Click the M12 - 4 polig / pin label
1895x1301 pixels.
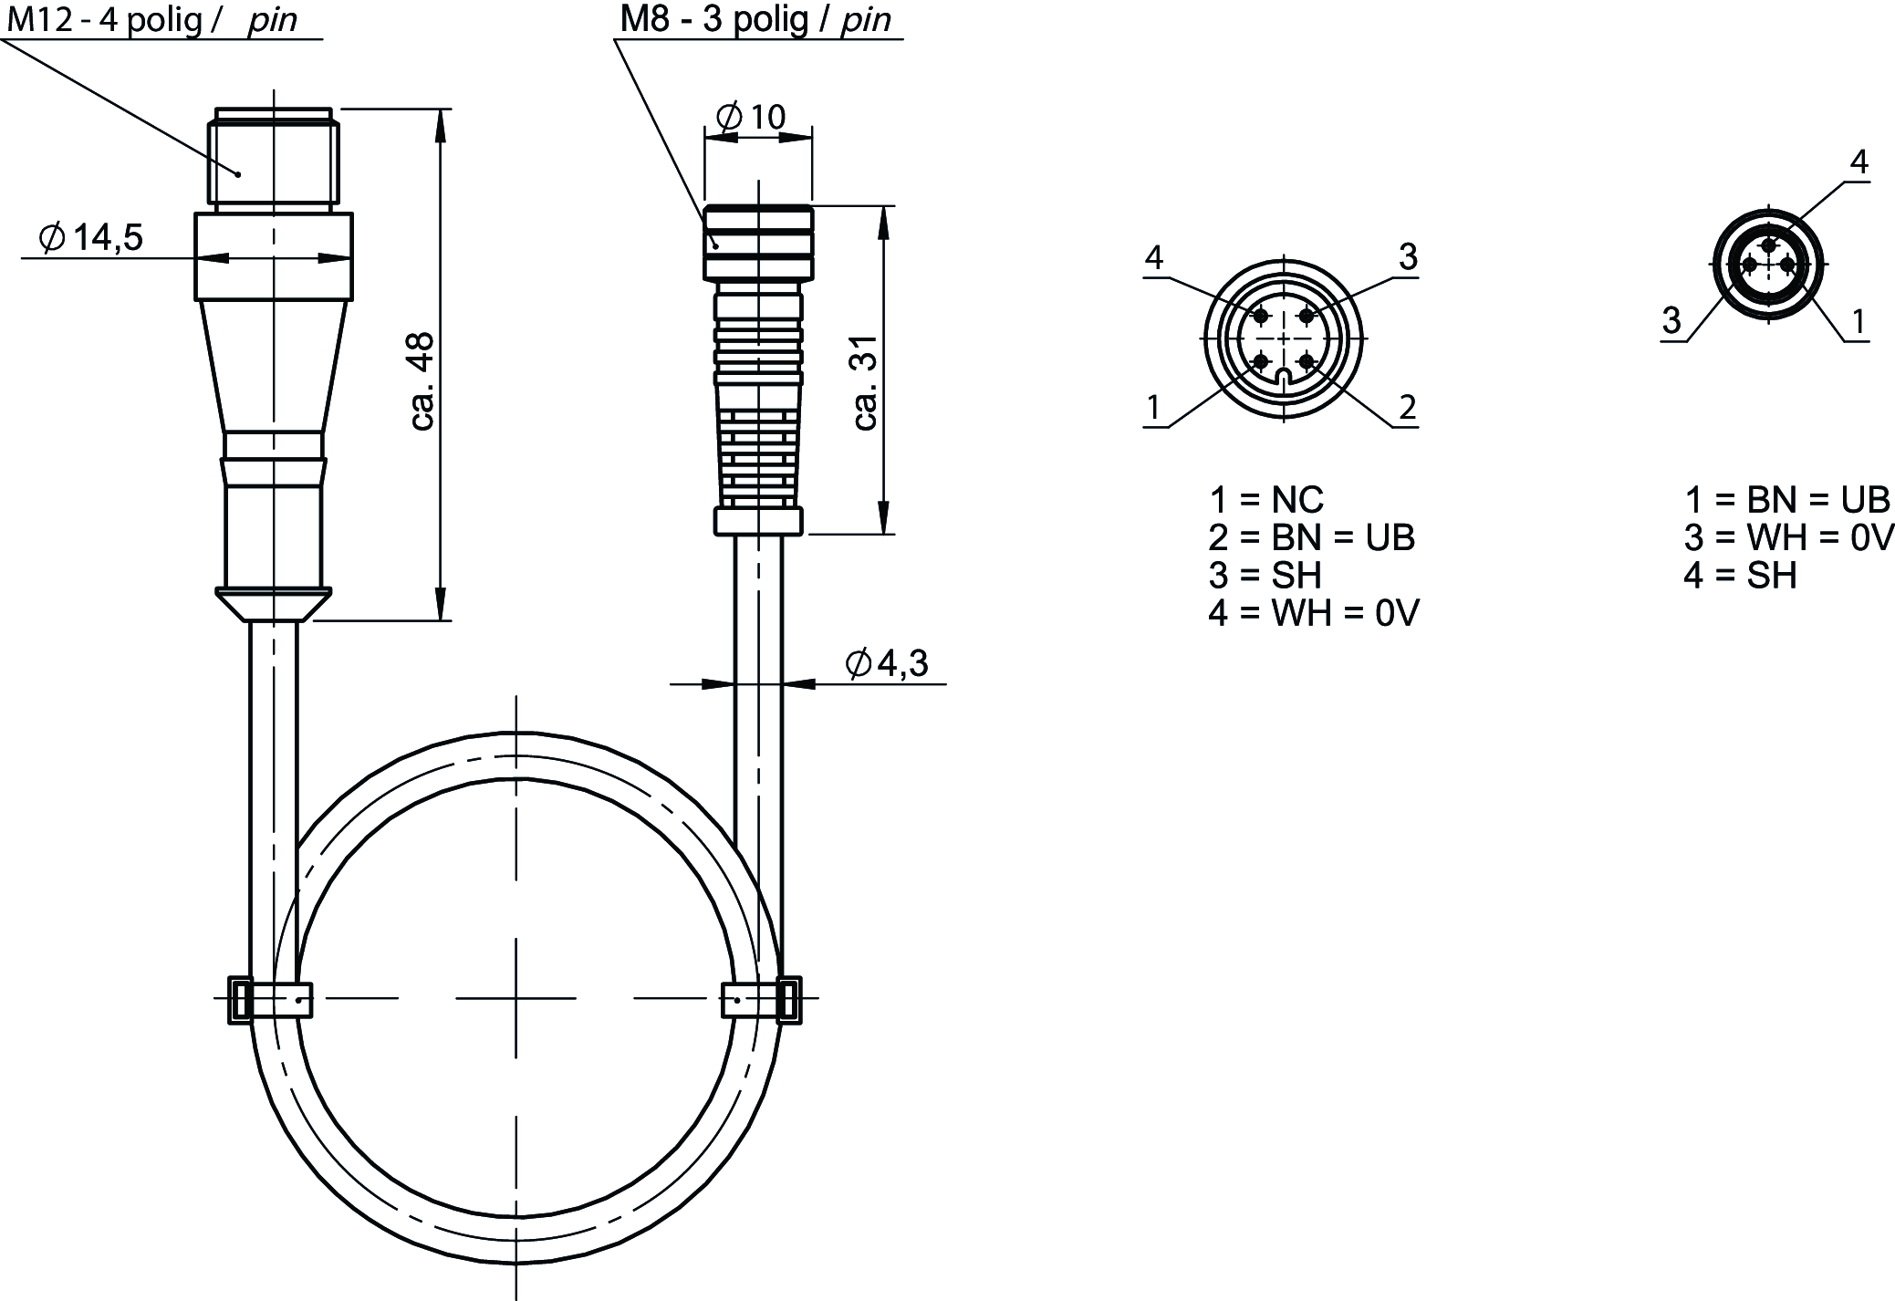tap(152, 19)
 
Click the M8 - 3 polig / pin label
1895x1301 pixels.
tap(755, 19)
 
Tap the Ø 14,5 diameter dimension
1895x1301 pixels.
tap(90, 238)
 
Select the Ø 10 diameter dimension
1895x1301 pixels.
tap(751, 117)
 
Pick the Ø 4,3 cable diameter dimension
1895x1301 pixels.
tap(887, 663)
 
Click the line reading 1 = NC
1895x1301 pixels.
tap(1266, 500)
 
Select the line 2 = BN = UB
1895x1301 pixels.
tap(1312, 538)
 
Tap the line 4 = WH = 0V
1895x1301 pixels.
tap(1314, 614)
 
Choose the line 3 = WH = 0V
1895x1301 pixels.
tap(1789, 538)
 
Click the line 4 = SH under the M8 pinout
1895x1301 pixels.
tap(1740, 577)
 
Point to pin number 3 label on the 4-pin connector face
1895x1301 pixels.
tap(1408, 257)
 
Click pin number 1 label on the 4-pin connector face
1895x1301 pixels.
tap(1154, 407)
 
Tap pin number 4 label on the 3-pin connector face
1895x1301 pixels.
tap(1859, 162)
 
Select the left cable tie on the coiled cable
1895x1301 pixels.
tap(270, 999)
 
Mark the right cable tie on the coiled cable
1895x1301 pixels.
tap(762, 1000)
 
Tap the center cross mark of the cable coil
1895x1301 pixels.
tap(515, 998)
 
